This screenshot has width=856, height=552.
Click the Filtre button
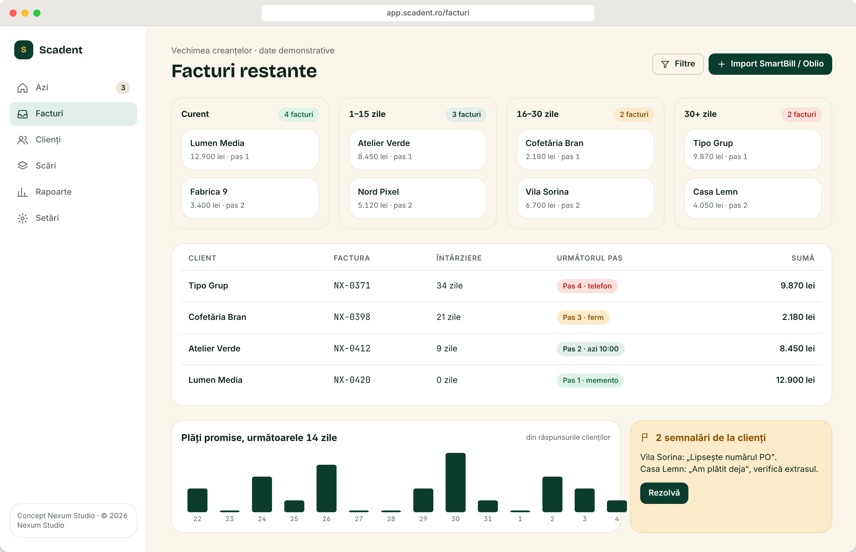(x=677, y=64)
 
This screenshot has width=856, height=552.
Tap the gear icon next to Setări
(x=23, y=218)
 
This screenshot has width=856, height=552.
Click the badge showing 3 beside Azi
(x=123, y=88)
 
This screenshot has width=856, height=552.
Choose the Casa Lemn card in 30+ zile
(x=753, y=198)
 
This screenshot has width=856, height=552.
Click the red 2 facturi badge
(x=801, y=114)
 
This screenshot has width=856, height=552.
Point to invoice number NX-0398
(x=352, y=317)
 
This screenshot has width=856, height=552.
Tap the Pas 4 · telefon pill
(x=587, y=286)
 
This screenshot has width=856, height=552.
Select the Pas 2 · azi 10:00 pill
(x=590, y=349)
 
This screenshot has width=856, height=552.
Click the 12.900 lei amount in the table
(x=795, y=380)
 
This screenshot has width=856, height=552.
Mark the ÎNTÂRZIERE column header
(x=459, y=258)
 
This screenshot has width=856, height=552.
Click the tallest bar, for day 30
(x=455, y=483)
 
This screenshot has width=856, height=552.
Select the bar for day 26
(x=326, y=488)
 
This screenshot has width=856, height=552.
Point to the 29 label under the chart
(x=423, y=519)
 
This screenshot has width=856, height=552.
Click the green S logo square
(x=24, y=50)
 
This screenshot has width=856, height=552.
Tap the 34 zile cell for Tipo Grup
(x=449, y=286)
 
